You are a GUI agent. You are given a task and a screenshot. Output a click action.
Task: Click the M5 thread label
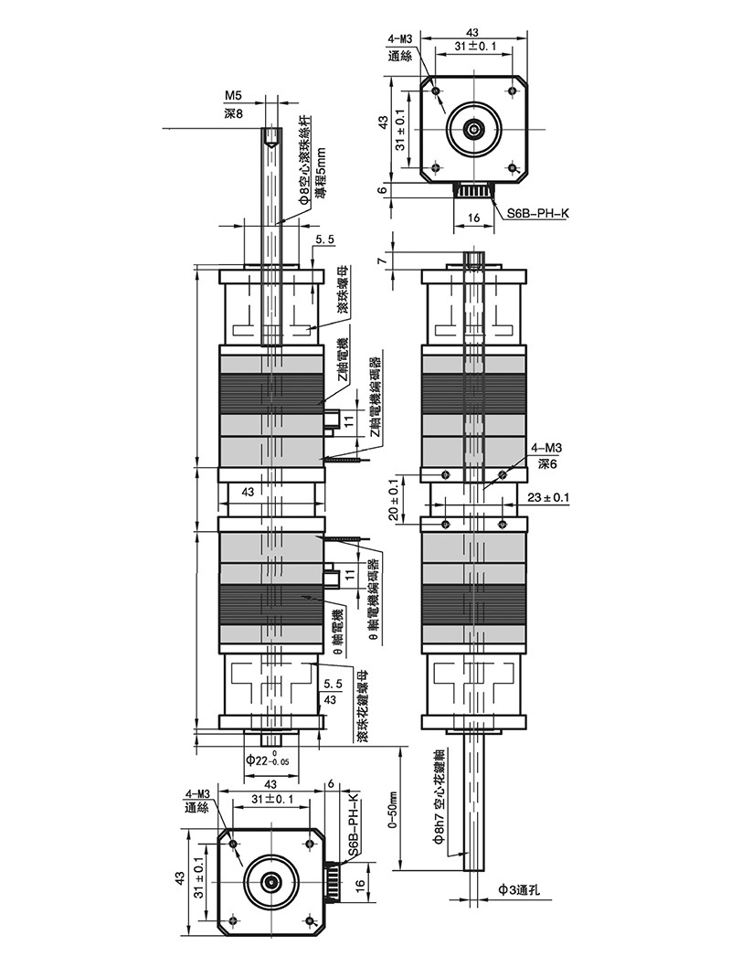pos(233,96)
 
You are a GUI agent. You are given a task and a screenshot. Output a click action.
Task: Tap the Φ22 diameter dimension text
pos(268,760)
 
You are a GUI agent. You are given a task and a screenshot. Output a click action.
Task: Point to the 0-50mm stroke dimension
pos(393,808)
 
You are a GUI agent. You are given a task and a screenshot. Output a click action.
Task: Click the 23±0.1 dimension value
pos(548,497)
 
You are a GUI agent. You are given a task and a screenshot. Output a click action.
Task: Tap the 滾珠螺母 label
pos(344,290)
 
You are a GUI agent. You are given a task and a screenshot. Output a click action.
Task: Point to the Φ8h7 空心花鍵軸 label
pos(439,796)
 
